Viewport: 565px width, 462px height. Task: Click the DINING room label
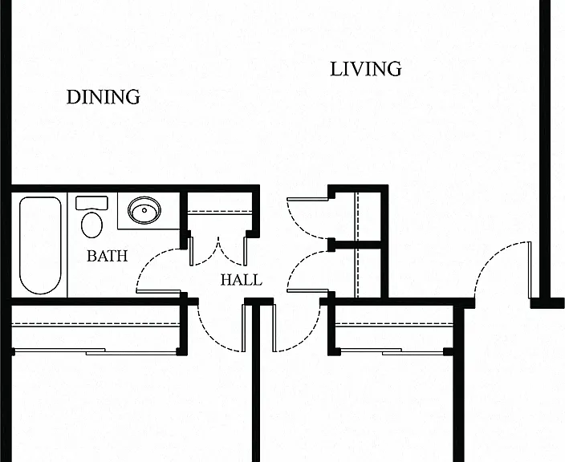click(x=104, y=97)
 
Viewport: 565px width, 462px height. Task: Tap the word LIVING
click(x=366, y=69)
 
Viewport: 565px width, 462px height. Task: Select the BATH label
click(x=108, y=256)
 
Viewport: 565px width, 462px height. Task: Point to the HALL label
click(x=242, y=280)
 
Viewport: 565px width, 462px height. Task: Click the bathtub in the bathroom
click(x=40, y=245)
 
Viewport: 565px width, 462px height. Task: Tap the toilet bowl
click(x=91, y=225)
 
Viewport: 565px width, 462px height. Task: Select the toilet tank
click(x=91, y=203)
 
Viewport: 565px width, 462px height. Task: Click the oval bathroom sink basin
click(x=144, y=210)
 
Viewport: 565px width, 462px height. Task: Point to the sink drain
click(x=144, y=210)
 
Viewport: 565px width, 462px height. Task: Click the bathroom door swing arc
click(x=148, y=260)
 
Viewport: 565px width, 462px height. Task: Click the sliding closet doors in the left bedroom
click(x=96, y=351)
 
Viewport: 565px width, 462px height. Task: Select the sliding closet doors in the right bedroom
click(x=392, y=351)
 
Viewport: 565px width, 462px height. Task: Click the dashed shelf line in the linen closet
click(x=220, y=212)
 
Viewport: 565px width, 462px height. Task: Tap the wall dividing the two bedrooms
click(x=256, y=383)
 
